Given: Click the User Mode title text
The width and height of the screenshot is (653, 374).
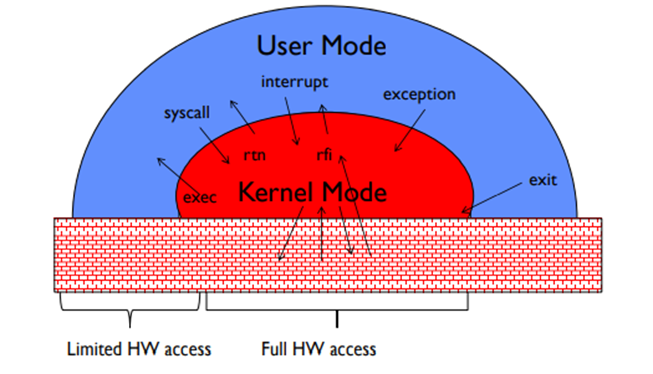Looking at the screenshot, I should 321,46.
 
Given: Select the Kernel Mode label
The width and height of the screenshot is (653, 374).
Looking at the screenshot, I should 312,192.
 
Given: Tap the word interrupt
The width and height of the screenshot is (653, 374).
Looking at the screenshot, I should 294,81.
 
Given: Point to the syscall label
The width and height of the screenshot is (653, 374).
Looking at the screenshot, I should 187,113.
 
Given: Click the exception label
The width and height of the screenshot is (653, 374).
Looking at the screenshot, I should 419,94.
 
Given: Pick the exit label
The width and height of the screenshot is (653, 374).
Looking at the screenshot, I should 543,180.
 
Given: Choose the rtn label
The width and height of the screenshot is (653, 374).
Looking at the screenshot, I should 255,155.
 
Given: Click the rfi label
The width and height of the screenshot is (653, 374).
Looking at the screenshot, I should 324,156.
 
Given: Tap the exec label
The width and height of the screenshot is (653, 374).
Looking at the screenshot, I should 200,198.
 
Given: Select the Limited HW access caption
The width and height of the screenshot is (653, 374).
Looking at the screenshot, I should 139,349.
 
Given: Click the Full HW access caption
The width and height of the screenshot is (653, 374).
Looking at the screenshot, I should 319,349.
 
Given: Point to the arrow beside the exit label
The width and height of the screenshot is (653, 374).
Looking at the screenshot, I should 492,199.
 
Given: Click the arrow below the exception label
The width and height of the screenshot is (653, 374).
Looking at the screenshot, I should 410,130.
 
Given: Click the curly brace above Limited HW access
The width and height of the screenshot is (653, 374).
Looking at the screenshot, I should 130,309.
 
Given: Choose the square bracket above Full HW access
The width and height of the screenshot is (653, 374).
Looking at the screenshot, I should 337,309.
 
